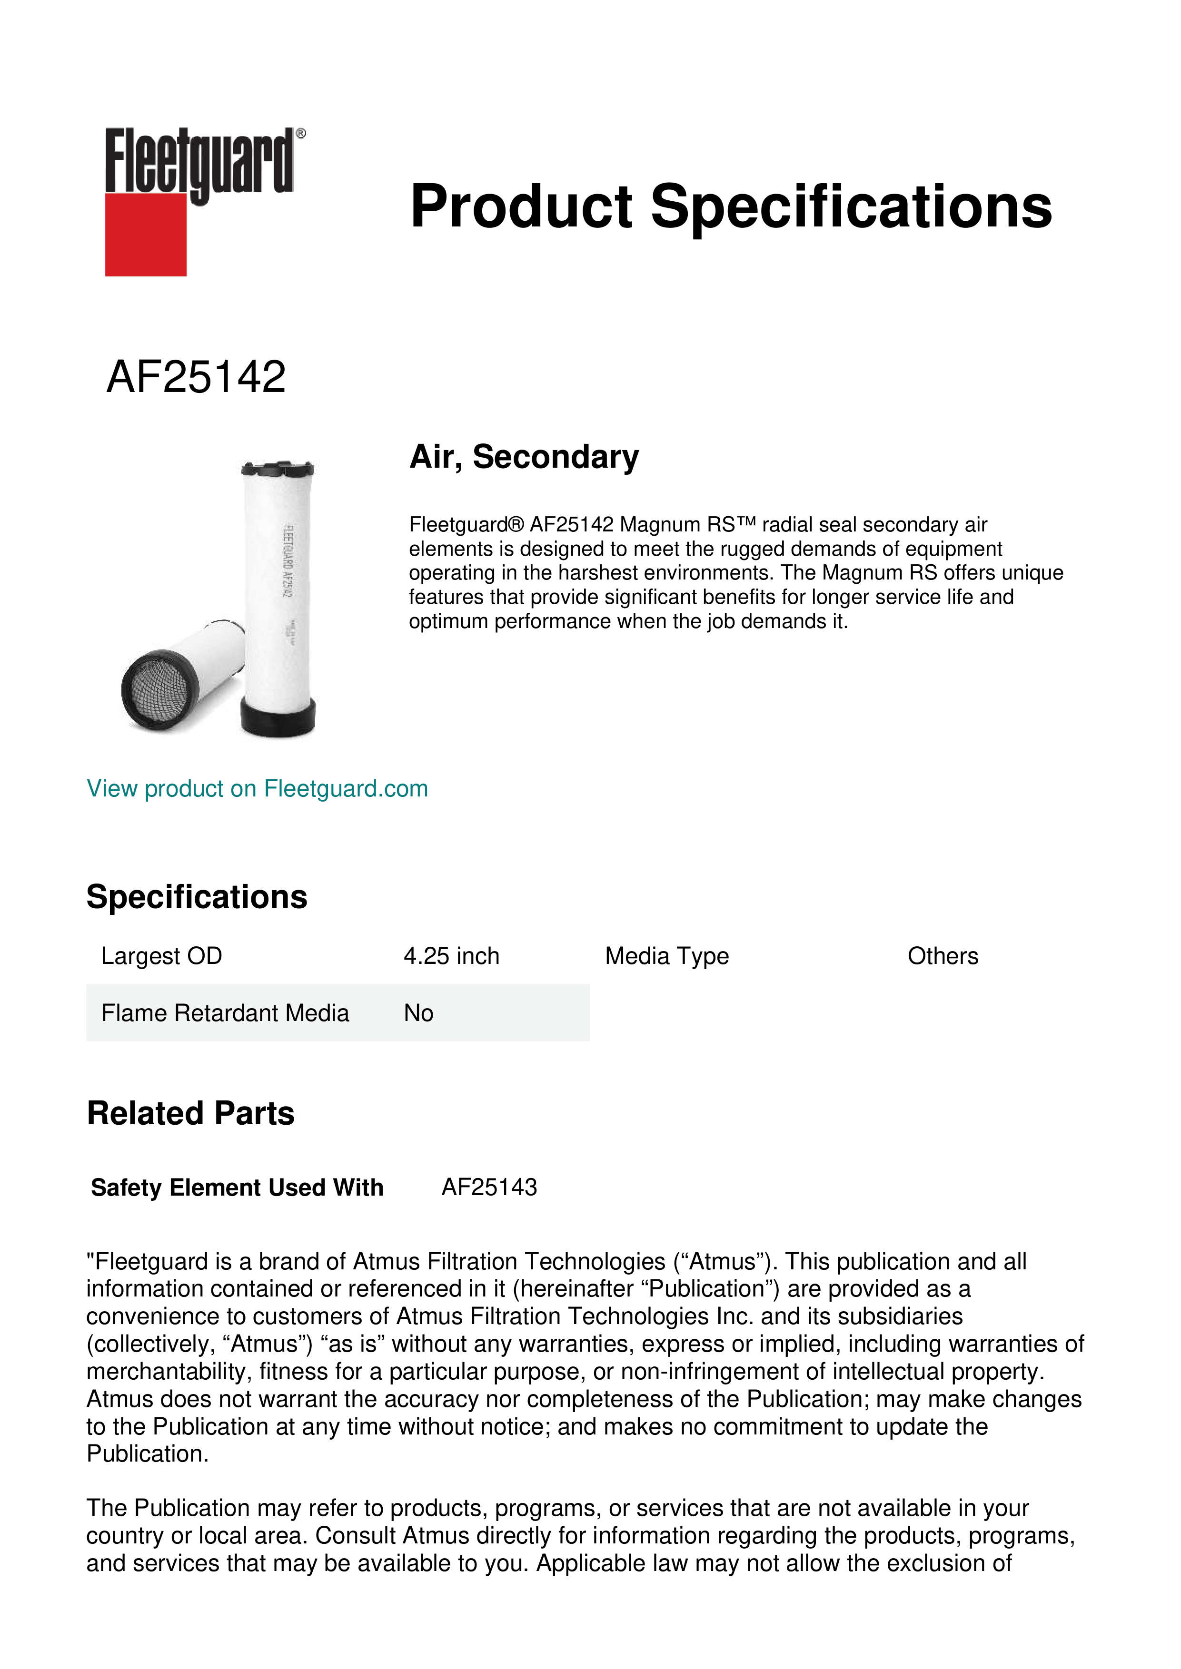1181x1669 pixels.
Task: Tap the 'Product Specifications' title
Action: (x=730, y=206)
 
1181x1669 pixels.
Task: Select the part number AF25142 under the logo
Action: (x=196, y=377)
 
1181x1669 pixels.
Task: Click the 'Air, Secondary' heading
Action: (x=524, y=457)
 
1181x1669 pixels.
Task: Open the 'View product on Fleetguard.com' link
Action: (x=258, y=789)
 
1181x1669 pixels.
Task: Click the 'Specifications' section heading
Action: (x=196, y=897)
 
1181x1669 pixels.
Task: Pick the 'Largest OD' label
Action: (x=161, y=956)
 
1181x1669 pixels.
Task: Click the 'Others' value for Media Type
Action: (x=943, y=956)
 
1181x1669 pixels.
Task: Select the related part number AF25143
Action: (x=489, y=1187)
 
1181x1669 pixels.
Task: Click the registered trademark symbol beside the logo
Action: (x=301, y=134)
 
